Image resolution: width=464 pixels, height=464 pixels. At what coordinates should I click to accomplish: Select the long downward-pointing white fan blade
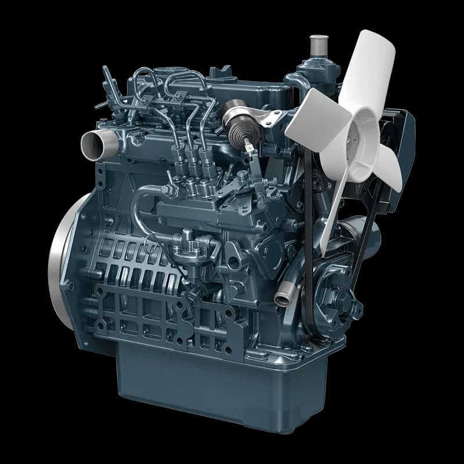(x=332, y=215)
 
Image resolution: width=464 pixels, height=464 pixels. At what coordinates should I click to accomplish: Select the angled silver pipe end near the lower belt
(x=282, y=299)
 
